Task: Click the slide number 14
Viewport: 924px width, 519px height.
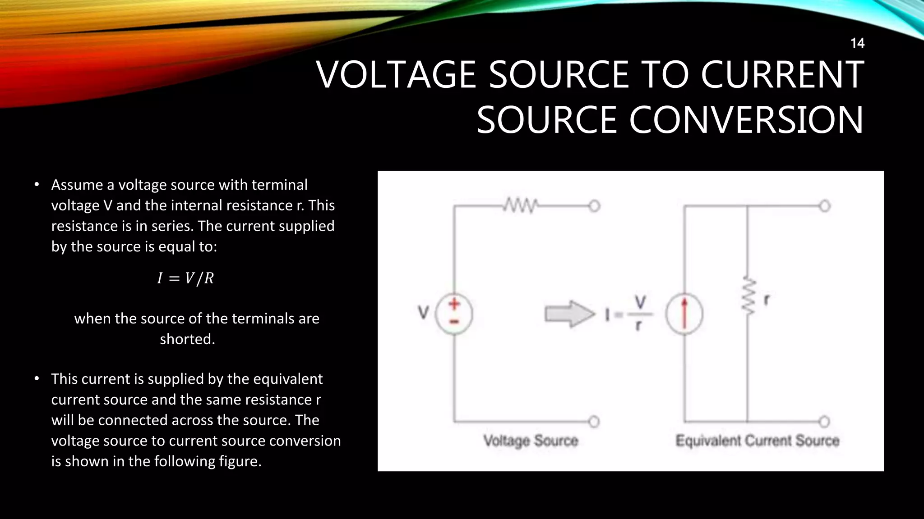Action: [x=857, y=43]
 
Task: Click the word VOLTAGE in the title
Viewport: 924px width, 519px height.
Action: [x=396, y=75]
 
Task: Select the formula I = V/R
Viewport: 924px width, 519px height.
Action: [x=185, y=278]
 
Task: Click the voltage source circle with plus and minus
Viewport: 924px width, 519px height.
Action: [x=454, y=314]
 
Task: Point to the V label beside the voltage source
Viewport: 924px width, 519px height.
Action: [x=423, y=312]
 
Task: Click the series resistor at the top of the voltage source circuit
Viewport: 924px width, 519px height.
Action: [x=520, y=206]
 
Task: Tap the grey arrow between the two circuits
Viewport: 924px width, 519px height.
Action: [x=569, y=314]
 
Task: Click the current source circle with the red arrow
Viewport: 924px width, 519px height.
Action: [x=684, y=314]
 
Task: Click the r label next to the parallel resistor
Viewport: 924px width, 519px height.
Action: [x=766, y=300]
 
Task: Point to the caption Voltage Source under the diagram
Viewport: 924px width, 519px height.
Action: [x=531, y=441]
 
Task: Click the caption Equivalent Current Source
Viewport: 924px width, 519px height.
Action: [x=757, y=441]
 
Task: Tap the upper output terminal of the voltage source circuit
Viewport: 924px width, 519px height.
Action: [x=594, y=206]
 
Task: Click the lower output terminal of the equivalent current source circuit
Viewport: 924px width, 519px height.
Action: [x=824, y=422]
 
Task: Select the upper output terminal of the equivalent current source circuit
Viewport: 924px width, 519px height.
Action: [x=824, y=206]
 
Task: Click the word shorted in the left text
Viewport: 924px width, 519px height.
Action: [x=187, y=339]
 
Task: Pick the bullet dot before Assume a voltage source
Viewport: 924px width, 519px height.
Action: [x=37, y=185]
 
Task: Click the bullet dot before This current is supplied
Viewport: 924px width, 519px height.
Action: [x=37, y=379]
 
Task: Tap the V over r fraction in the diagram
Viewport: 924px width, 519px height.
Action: [x=640, y=314]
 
